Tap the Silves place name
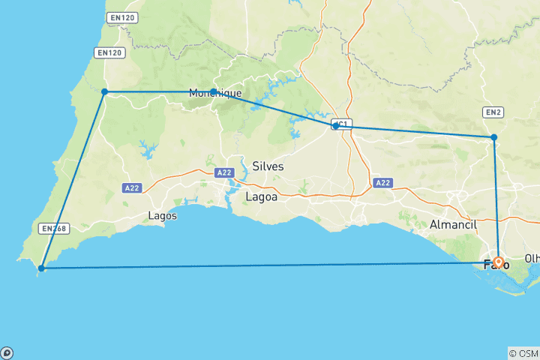(268, 166)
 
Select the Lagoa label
(261, 196)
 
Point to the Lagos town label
(163, 215)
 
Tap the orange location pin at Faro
(498, 262)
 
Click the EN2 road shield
(493, 112)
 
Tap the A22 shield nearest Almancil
(382, 182)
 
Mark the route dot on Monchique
(214, 91)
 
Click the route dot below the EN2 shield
(493, 137)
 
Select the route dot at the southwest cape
(42, 268)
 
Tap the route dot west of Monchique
(105, 91)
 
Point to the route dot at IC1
(335, 126)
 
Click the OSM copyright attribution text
(523, 352)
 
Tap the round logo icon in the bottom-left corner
(7, 352)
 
